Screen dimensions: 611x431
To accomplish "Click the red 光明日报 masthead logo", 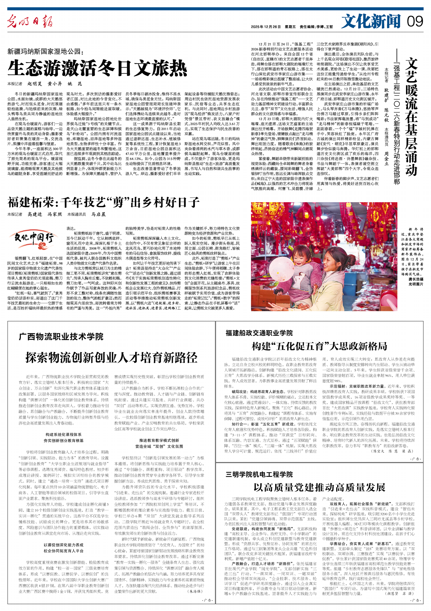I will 30,21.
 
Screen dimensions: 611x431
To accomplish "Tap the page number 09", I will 415,21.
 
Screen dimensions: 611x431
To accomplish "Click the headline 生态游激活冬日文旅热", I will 97,68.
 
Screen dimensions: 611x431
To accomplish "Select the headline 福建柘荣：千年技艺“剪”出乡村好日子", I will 103,202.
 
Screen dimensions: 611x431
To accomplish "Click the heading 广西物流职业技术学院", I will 61,337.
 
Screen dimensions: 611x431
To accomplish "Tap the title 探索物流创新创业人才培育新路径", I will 111,357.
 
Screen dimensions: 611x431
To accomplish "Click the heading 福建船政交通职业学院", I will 259,333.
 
